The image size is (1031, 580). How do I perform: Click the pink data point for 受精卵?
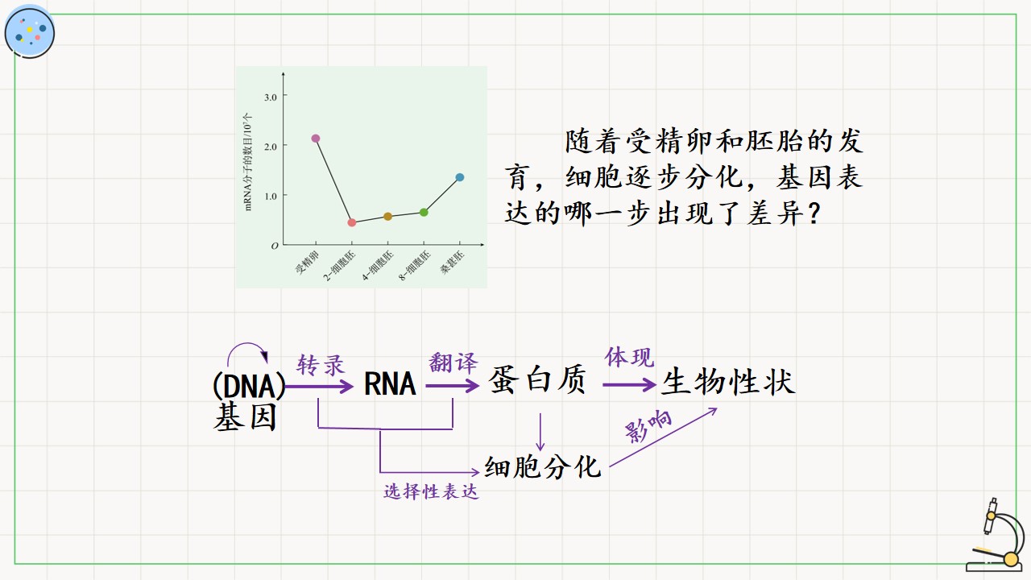click(x=316, y=139)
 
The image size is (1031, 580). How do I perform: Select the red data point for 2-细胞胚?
click(x=352, y=223)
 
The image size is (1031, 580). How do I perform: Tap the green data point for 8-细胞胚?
click(x=424, y=212)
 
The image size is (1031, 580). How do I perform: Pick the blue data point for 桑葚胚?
click(x=460, y=177)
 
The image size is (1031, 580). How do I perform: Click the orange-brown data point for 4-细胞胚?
click(x=387, y=217)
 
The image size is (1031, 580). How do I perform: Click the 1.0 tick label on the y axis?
click(x=271, y=196)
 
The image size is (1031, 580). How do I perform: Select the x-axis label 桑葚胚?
click(x=452, y=263)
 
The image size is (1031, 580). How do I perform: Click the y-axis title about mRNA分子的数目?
click(x=247, y=162)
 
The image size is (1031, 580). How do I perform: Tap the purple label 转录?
click(x=321, y=366)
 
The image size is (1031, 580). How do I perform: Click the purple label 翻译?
click(x=453, y=362)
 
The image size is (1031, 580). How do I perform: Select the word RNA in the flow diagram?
click(x=390, y=384)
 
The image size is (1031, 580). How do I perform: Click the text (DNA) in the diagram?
click(x=249, y=385)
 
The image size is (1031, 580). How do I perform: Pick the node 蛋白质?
click(x=537, y=380)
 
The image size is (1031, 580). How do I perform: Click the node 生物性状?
click(x=728, y=382)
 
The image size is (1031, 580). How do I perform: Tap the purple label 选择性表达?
click(x=431, y=491)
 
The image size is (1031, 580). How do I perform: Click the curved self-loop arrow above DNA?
click(x=247, y=344)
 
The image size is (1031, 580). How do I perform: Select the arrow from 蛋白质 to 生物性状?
click(x=629, y=385)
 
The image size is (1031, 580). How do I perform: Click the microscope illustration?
click(x=996, y=536)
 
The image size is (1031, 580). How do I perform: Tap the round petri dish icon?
click(x=30, y=32)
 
